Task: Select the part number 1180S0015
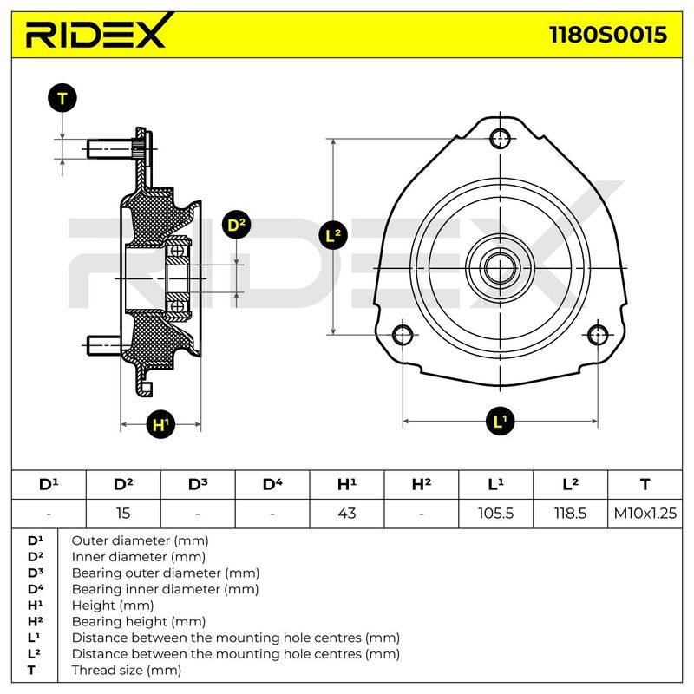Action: pos(607,35)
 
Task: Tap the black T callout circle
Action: pos(62,98)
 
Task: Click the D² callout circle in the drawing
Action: pos(236,225)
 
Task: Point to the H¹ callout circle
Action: pos(160,424)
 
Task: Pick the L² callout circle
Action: pos(333,235)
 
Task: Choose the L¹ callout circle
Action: pos(501,422)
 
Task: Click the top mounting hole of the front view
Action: pos(501,139)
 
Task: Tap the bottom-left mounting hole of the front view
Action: pos(403,335)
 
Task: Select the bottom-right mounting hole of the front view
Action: pos(598,335)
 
